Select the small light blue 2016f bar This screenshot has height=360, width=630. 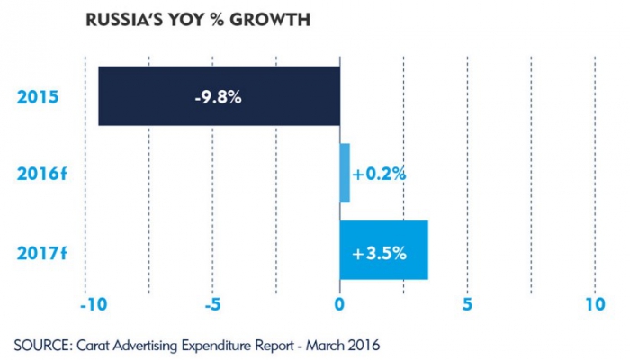click(345, 173)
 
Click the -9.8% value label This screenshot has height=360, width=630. click(217, 97)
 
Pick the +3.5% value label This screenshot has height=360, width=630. click(380, 252)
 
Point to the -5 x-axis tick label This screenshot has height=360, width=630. click(212, 304)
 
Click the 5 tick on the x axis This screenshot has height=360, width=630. click(467, 304)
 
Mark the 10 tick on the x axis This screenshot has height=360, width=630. click(594, 304)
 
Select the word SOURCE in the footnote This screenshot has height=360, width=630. click(38, 345)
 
